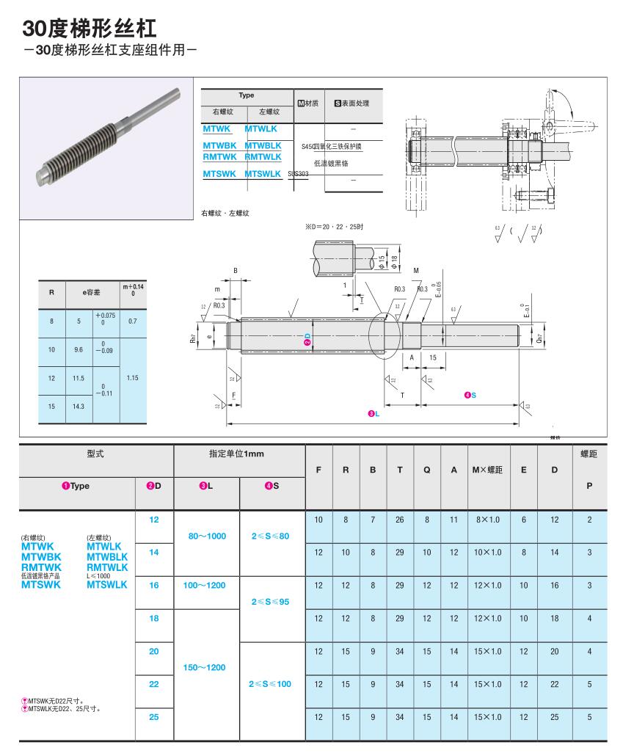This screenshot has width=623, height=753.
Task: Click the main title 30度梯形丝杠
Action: click(x=89, y=29)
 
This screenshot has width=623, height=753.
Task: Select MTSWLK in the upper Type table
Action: click(x=263, y=174)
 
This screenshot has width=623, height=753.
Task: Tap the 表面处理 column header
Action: click(x=352, y=103)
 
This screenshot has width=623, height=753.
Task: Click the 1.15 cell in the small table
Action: click(x=132, y=378)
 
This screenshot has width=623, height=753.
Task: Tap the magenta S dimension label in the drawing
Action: click(x=470, y=396)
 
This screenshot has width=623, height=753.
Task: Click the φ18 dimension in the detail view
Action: click(x=394, y=260)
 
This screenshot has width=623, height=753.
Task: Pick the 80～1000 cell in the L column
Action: click(x=207, y=536)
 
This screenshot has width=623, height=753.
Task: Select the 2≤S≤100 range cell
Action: click(x=271, y=684)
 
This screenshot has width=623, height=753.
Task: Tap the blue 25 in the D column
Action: click(x=154, y=717)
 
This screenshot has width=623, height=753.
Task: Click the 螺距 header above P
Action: click(x=589, y=454)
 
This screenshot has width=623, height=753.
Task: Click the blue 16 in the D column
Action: click(x=154, y=585)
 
